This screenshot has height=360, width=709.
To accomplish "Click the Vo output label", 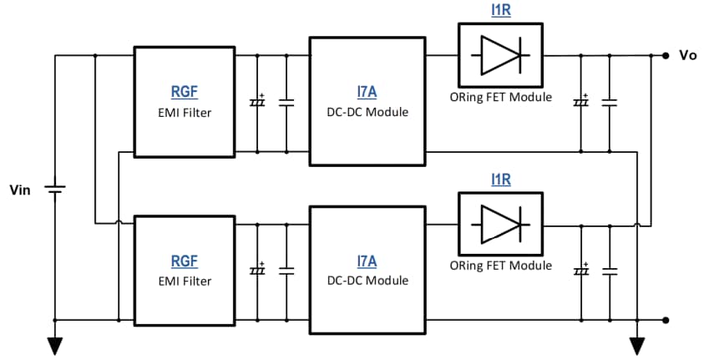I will click(688, 56).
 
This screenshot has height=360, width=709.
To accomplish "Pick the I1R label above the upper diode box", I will click(500, 11).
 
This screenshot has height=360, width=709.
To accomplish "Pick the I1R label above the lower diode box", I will click(500, 180).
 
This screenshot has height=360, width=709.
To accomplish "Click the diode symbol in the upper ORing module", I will click(500, 56).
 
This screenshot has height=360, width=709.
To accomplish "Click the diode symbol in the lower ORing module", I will click(500, 225).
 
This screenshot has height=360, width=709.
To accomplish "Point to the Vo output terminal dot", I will click(665, 56).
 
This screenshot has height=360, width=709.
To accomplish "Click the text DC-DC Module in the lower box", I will click(368, 281).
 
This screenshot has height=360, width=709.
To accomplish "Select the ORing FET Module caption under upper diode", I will click(500, 97).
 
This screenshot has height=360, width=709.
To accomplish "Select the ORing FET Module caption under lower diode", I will click(500, 266).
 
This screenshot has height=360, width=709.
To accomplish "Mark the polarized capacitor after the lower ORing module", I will click(580, 271).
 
